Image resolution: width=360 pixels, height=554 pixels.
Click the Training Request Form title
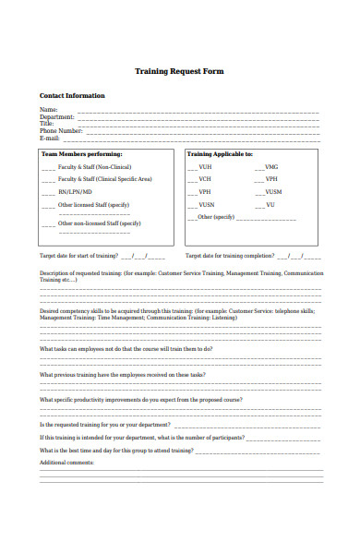179,71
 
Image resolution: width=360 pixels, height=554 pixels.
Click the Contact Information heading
72,96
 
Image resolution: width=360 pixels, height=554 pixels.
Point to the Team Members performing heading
82,154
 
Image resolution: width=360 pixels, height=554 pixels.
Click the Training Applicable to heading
220,154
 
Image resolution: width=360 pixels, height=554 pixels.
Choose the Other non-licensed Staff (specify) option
99,223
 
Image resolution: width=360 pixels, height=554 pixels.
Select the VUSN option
206,204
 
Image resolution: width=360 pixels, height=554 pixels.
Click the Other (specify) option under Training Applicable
216,217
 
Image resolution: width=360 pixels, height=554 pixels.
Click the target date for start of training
78,255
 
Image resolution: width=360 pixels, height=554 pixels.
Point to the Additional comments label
66,462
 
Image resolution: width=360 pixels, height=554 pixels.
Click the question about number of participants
141,437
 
